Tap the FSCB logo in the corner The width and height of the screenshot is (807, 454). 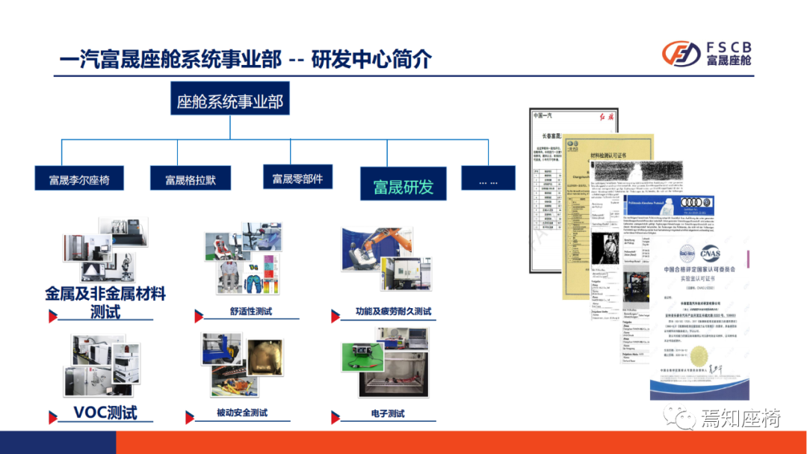(706, 55)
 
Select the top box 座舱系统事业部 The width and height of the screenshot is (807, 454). (229, 102)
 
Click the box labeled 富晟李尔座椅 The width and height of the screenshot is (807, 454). (79, 180)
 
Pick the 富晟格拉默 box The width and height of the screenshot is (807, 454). (191, 180)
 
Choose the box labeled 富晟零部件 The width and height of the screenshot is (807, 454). (297, 178)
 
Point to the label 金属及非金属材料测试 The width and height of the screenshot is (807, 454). (105, 301)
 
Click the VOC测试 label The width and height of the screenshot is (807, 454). (105, 412)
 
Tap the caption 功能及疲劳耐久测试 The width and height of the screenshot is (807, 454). (394, 311)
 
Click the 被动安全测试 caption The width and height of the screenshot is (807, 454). (242, 413)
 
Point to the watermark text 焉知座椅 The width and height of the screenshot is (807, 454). (740, 417)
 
